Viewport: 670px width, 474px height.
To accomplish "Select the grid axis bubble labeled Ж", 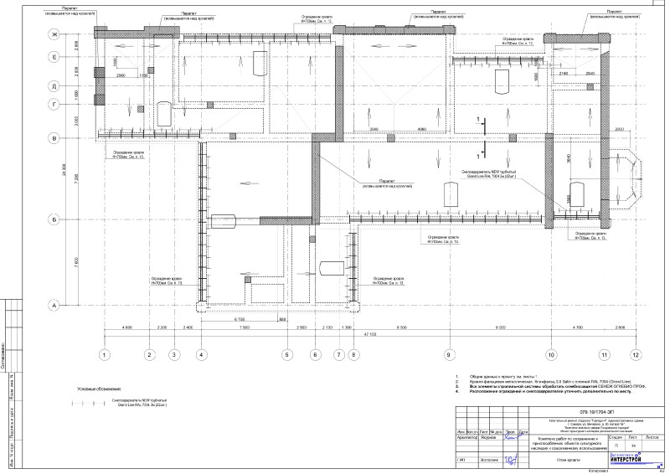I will coord(54,34).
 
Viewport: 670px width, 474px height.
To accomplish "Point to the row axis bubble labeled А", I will coord(54,306).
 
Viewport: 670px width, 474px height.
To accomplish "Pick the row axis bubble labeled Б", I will coord(54,219).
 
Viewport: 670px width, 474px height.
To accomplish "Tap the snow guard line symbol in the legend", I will coord(89,403).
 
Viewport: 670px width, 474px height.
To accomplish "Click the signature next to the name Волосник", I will coord(508,460).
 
